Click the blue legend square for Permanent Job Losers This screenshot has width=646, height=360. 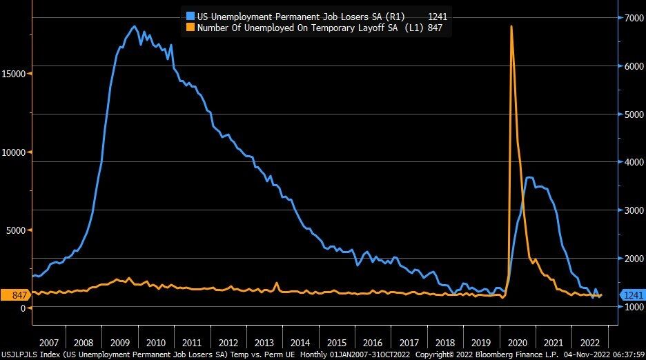coord(190,16)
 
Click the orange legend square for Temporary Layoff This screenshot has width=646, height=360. coord(190,28)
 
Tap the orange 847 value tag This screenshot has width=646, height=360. coord(15,295)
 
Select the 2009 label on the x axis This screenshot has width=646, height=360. coord(119,343)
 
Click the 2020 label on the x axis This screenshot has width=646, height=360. coord(517,343)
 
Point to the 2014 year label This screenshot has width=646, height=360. coord(300,343)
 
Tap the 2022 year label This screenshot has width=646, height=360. coord(589,343)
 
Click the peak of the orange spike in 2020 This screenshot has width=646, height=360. coord(511,26)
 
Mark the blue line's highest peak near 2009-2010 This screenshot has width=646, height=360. coord(134,27)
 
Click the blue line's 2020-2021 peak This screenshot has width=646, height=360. coord(529,178)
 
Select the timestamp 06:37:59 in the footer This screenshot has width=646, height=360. coord(625,354)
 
